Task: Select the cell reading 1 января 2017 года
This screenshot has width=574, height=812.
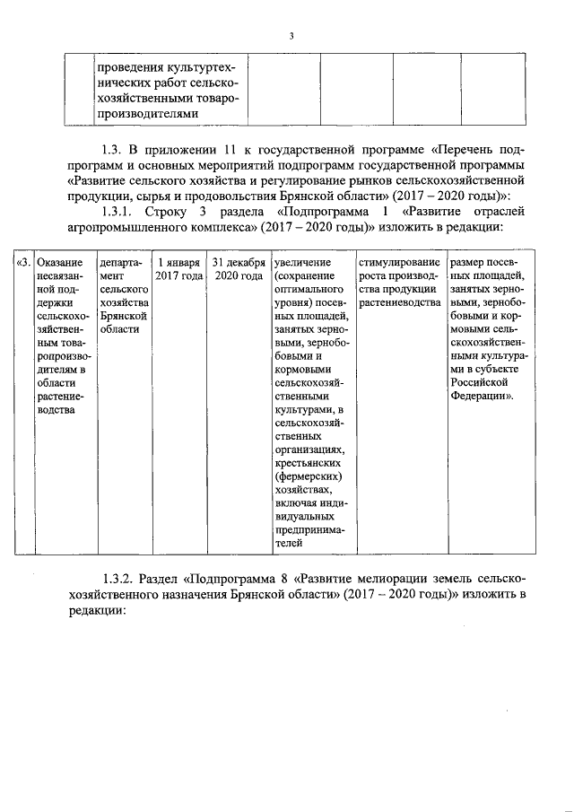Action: click(178, 268)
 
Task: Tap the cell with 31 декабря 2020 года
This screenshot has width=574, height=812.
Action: click(238, 268)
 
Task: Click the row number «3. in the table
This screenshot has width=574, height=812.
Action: click(24, 262)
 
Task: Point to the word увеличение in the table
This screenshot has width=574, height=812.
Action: click(303, 262)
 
